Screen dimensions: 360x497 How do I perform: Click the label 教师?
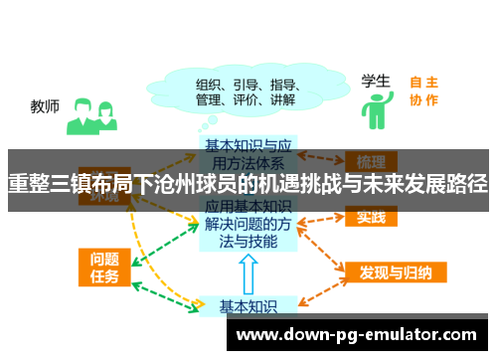point(46,105)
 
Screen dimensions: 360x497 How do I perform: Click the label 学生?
point(374,80)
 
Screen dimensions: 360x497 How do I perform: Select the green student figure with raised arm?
point(375,111)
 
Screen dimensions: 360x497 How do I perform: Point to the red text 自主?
point(424,82)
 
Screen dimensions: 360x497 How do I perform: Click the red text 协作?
point(424,99)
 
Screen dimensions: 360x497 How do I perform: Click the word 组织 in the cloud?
point(209,84)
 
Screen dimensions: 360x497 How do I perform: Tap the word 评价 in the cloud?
point(245,99)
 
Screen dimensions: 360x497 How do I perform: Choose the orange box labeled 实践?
point(372,217)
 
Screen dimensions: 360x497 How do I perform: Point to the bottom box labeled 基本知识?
point(248,305)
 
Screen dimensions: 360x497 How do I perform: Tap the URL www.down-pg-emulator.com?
point(356,334)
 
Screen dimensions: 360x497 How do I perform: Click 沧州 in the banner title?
point(195,185)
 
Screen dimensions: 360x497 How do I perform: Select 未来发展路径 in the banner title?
point(427,185)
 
